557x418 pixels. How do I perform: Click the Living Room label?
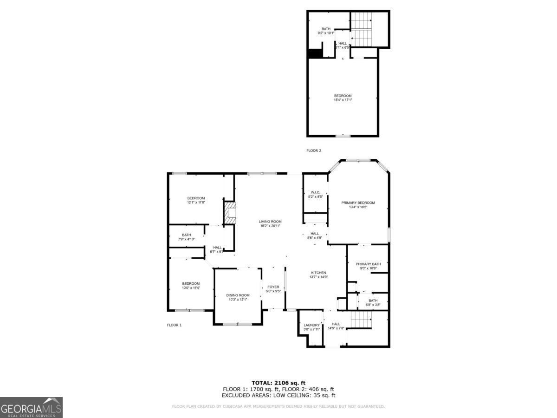tap(270, 222)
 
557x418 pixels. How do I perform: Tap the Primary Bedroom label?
tap(358, 203)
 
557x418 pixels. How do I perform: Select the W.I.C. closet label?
tap(315, 192)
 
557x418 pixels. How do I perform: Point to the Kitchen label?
tap(318, 273)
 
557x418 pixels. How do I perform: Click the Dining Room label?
tap(238, 295)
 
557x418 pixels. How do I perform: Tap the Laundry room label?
tap(311, 325)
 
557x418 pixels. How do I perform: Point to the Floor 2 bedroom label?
tap(343, 96)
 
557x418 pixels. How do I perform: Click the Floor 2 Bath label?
tap(326, 29)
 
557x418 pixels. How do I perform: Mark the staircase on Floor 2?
tap(361, 29)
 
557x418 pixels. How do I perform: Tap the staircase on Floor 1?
tap(361, 320)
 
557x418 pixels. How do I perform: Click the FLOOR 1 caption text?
tap(174, 325)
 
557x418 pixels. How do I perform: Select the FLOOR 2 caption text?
tap(313, 150)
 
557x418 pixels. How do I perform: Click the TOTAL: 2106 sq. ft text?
tap(278, 383)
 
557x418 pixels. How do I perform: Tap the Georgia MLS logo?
tap(31, 407)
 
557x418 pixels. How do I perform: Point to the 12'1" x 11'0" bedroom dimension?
tap(196, 202)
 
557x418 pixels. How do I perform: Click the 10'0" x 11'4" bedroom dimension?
tap(190, 288)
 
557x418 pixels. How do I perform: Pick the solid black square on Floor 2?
tap(315, 53)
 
